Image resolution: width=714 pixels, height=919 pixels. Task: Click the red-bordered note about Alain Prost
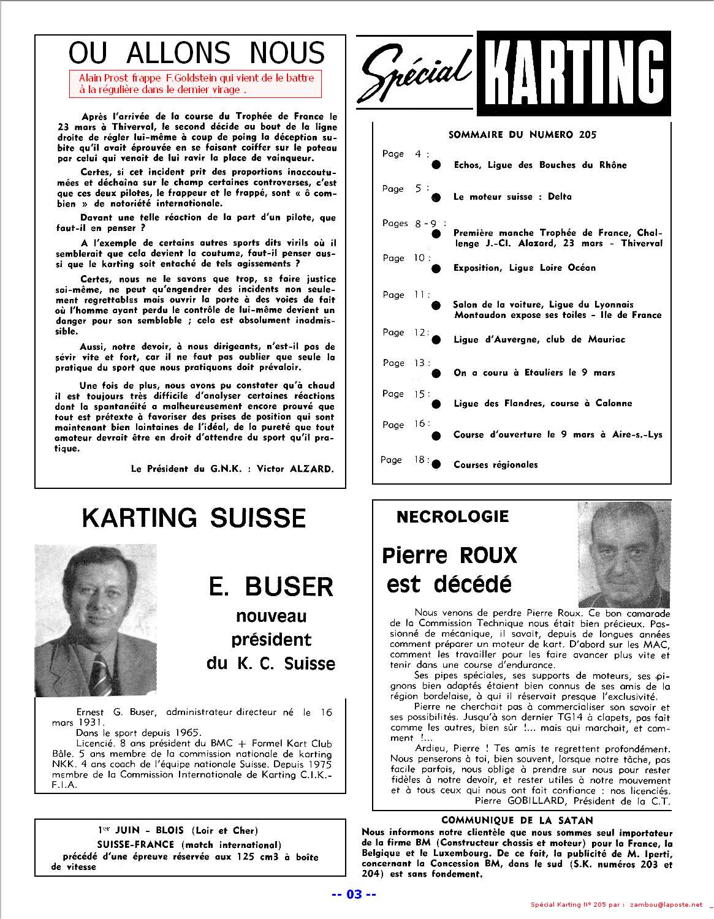click(x=196, y=84)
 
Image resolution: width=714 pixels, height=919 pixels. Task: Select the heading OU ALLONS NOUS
click(x=196, y=53)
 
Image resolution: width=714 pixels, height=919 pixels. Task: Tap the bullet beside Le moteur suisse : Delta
click(x=436, y=197)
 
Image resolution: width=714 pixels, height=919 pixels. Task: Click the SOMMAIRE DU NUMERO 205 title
click(x=522, y=135)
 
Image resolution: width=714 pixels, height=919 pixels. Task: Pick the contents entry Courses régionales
click(x=495, y=464)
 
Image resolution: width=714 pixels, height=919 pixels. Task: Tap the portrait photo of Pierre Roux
click(x=624, y=554)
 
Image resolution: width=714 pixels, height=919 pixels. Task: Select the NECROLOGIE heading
click(x=452, y=516)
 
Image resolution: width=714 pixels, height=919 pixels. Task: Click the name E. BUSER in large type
click(x=271, y=587)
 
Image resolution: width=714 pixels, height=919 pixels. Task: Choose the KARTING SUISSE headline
click(x=194, y=518)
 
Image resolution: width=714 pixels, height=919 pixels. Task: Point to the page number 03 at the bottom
click(x=354, y=894)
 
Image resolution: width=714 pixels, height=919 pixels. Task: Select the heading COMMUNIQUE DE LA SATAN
click(x=517, y=820)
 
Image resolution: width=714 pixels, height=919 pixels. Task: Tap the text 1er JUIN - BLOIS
click(x=140, y=831)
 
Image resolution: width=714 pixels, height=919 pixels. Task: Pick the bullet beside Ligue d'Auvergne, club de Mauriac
click(x=436, y=340)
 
